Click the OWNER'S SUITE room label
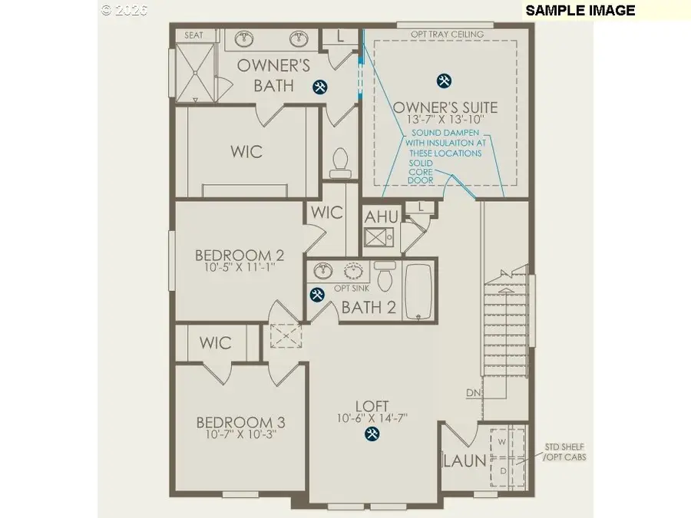click(x=445, y=107)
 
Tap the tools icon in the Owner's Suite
click(x=443, y=80)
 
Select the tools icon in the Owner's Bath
click(x=320, y=87)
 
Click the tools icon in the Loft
click(x=372, y=434)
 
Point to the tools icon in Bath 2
click(x=316, y=294)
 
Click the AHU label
click(x=381, y=216)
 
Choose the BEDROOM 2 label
click(x=233, y=256)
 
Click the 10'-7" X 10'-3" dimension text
click(x=240, y=435)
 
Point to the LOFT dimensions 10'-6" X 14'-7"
click(x=372, y=418)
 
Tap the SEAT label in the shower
click(x=194, y=35)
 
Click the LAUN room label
click(x=464, y=460)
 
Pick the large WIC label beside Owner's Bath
click(x=246, y=151)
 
